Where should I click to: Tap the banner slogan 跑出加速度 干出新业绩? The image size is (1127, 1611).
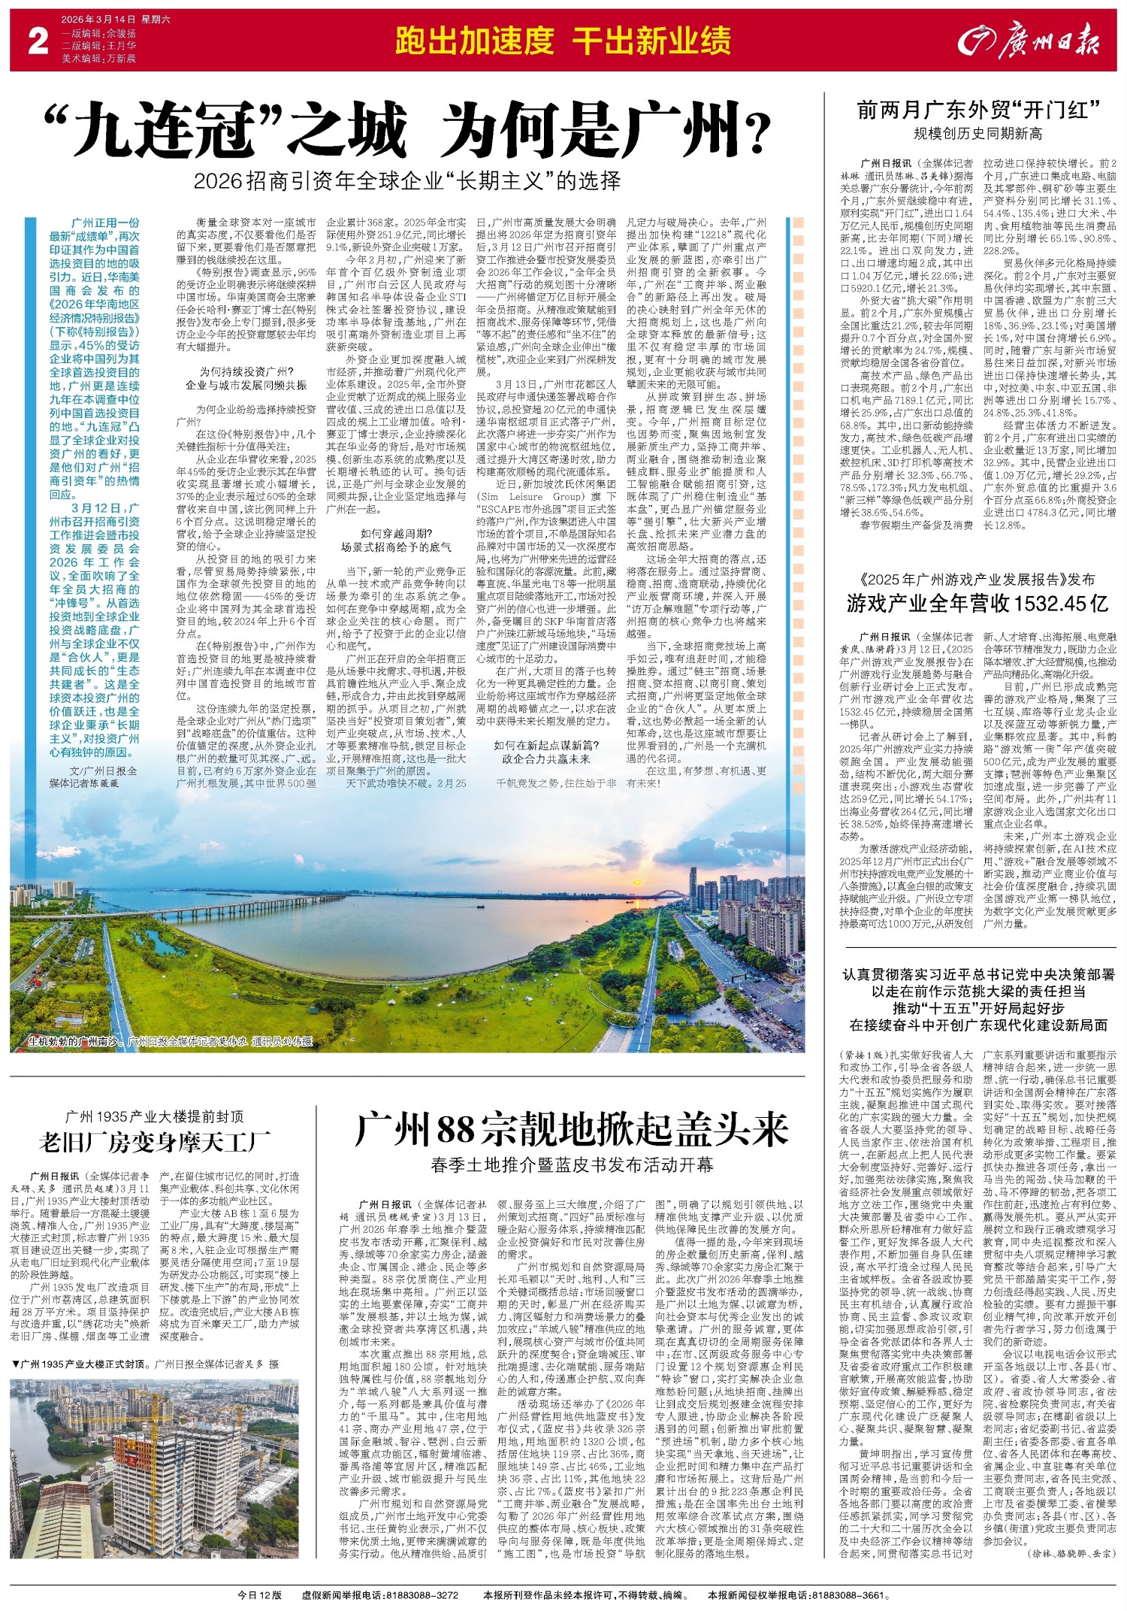pos(563,41)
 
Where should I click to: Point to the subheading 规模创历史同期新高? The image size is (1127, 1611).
pos(977,135)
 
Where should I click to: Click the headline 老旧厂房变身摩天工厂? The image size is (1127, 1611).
pos(155,1143)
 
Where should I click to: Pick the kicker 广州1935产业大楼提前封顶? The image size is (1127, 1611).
pos(154,1116)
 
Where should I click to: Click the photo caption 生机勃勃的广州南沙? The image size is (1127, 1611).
pos(75,1043)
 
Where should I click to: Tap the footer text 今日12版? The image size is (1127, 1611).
pos(259,1594)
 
